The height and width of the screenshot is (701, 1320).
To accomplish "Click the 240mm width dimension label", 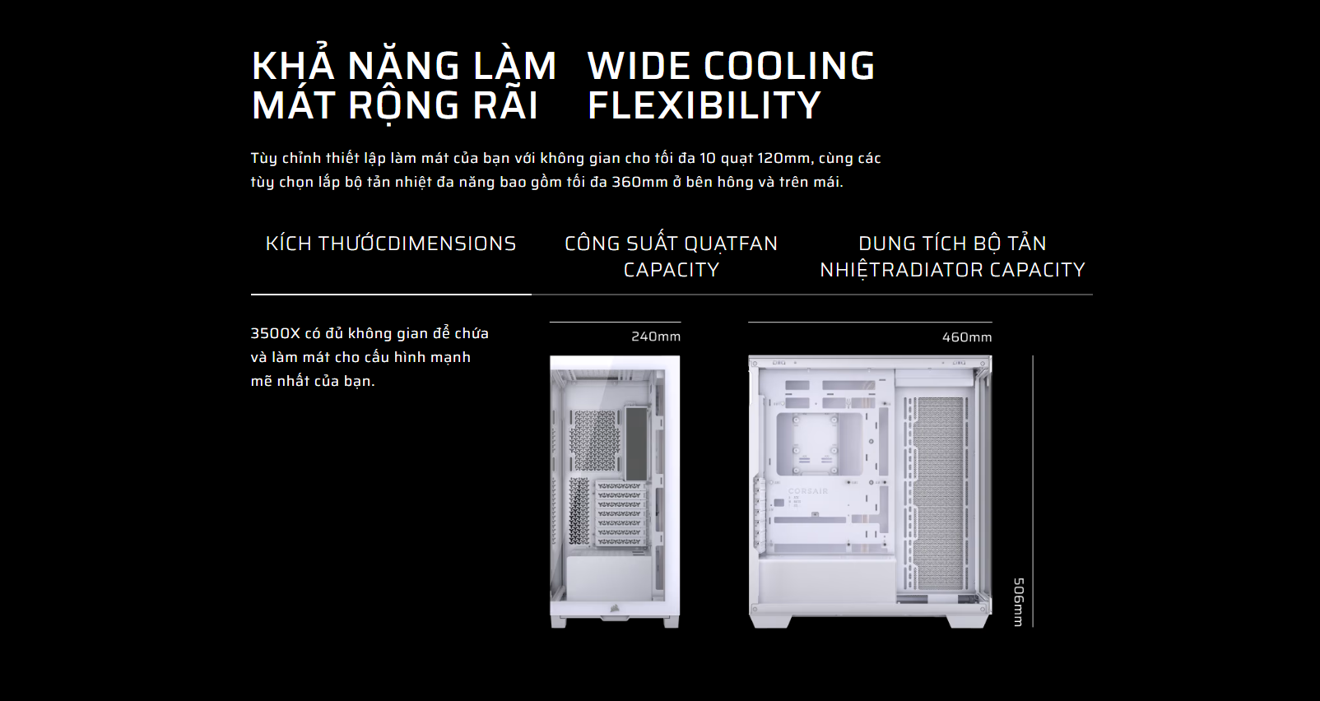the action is click(655, 337).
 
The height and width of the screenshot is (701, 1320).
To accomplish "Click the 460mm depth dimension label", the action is click(966, 337).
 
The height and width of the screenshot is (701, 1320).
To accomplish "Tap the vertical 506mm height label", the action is click(1018, 602).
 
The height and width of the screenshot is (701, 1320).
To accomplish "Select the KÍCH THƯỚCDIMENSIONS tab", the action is click(391, 244).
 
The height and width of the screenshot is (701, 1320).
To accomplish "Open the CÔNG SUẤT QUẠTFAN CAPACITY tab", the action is click(672, 256).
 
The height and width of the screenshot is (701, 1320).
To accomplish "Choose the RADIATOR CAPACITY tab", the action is click(952, 256).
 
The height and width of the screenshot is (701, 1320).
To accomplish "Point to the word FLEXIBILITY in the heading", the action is click(704, 104).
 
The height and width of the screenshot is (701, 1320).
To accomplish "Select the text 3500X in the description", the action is click(275, 333).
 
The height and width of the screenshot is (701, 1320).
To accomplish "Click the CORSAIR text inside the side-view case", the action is click(808, 490).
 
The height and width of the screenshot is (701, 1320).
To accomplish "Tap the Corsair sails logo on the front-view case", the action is click(613, 606).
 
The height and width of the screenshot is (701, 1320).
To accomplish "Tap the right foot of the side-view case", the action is click(968, 621).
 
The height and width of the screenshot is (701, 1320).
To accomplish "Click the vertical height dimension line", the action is click(1033, 491).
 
